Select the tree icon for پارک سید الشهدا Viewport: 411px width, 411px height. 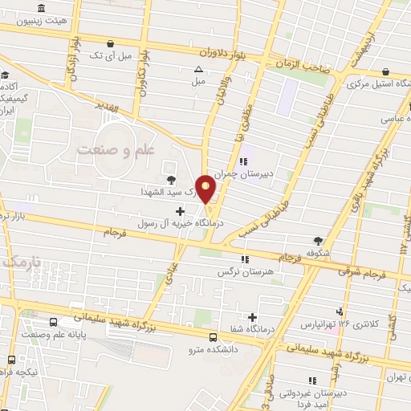tap(169, 180)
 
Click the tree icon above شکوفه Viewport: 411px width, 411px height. tap(319, 240)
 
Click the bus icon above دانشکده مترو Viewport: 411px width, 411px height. tap(213, 337)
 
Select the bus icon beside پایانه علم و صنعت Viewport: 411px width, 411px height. tap(53, 321)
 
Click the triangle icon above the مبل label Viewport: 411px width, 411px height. tap(198, 69)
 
